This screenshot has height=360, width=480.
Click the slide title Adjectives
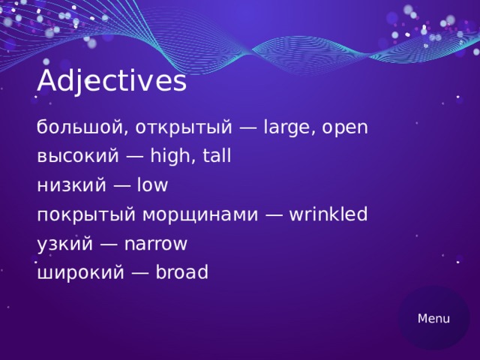pos(111,81)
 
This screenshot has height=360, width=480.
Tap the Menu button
pos(433,319)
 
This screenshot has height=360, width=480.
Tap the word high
pos(171,157)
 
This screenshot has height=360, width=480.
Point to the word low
pos(152,185)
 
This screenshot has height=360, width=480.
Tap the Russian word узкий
pos(64,244)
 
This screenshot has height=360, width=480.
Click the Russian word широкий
pos(79,274)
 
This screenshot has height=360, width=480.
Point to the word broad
pos(181,273)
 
